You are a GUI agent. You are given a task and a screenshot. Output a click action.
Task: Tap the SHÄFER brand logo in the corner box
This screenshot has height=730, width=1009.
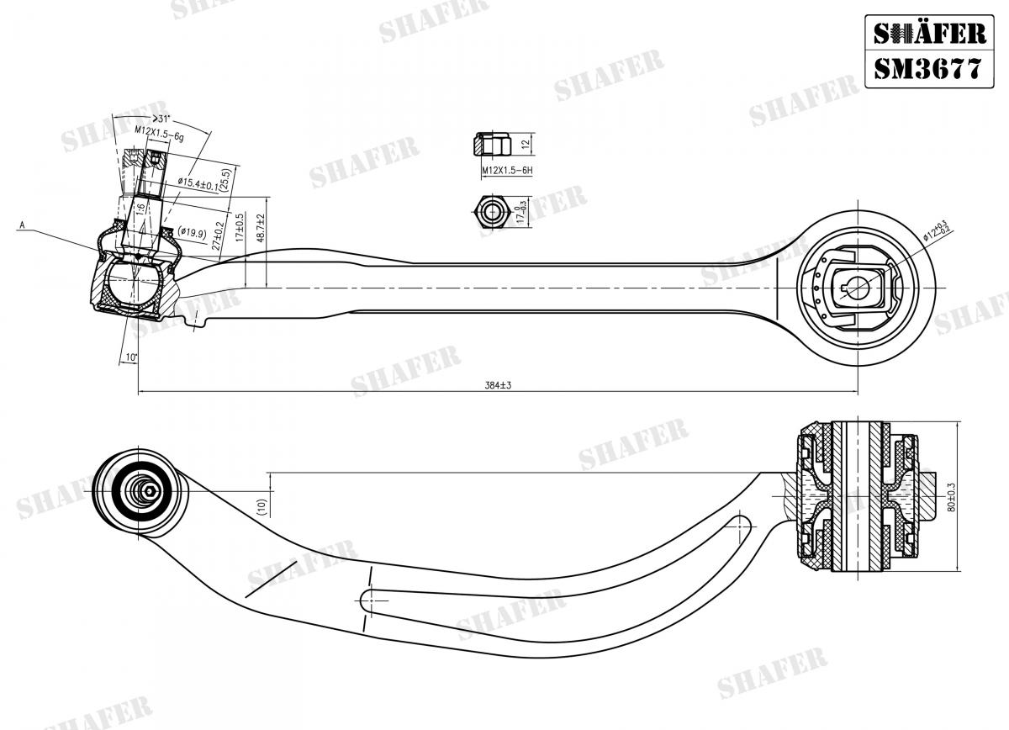(x=927, y=33)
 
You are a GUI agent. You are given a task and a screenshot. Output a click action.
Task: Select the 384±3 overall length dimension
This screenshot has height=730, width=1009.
(x=498, y=385)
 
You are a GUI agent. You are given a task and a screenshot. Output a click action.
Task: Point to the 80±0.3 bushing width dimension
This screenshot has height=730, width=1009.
(x=974, y=496)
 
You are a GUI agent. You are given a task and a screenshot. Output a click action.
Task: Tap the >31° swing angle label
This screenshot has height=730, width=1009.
(x=161, y=119)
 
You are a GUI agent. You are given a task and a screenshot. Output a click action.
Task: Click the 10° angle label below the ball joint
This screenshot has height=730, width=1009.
(x=131, y=357)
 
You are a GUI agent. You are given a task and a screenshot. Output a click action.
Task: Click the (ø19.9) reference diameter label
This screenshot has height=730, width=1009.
(x=192, y=232)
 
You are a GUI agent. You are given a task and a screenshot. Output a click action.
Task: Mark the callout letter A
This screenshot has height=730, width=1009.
(x=23, y=225)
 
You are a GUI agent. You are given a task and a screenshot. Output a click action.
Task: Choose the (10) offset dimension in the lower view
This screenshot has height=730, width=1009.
(x=261, y=506)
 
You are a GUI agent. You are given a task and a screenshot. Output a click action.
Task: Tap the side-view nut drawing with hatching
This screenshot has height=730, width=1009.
(x=492, y=145)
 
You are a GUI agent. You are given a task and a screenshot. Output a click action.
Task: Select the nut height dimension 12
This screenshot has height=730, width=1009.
(x=525, y=145)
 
